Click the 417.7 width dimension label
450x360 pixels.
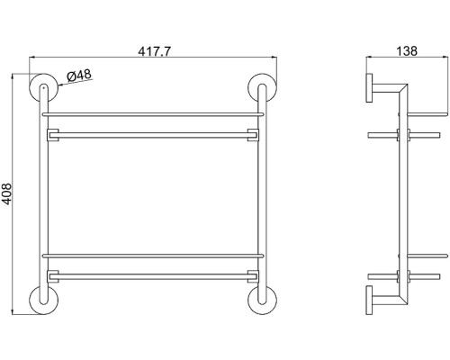(154, 51)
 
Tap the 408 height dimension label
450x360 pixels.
(6, 194)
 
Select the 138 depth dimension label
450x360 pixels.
(407, 51)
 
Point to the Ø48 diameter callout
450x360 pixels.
(79, 75)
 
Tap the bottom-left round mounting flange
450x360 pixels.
(32, 301)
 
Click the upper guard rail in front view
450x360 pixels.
(153, 114)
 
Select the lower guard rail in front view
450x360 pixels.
(153, 256)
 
